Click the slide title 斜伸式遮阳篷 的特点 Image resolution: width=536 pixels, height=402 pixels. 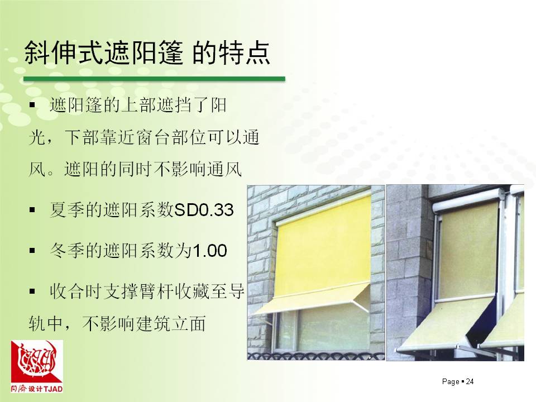147,53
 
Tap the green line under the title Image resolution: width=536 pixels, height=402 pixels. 154,79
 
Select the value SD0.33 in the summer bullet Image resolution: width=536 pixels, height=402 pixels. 204,210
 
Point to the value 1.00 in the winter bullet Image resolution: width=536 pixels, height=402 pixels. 210,251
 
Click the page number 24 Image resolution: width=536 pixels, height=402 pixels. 470,381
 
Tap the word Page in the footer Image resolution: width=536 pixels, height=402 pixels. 451,382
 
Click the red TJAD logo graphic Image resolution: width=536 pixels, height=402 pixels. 37,362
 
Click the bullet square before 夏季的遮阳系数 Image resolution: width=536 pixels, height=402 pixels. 32,210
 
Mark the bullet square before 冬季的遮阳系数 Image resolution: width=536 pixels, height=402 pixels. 32,251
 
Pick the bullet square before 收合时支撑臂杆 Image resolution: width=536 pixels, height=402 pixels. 32,291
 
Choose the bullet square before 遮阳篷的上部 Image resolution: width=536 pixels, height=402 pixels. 32,105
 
